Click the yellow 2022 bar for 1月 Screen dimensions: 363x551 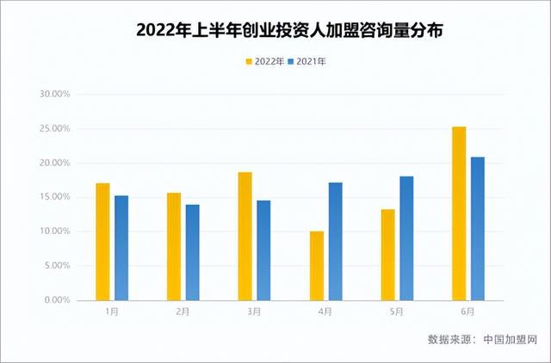tap(103, 242)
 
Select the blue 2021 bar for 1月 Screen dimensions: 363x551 tap(121, 248)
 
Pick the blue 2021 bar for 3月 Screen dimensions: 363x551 tap(263, 250)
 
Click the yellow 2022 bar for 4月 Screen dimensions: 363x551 tap(317, 266)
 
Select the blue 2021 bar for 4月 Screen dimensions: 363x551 tap(335, 242)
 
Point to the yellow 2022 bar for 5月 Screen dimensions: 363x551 tap(388, 255)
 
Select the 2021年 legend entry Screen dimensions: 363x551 tap(308, 62)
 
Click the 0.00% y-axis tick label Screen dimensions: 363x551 tap(56, 300)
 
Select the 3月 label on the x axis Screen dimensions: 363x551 tap(254, 313)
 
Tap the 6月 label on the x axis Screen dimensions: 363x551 tap(467, 313)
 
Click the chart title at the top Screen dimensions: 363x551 tap(275, 30)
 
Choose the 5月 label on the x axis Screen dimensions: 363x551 tap(397, 313)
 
